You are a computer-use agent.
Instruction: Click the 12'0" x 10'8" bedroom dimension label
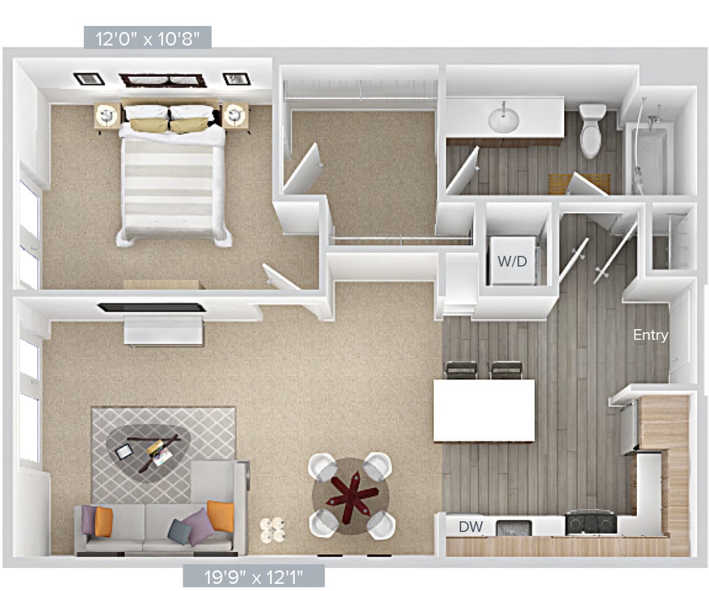click(x=147, y=37)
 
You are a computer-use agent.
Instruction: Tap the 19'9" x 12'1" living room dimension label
click(x=253, y=576)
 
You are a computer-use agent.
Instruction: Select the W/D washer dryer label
click(x=512, y=262)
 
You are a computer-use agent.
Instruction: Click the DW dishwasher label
click(x=470, y=526)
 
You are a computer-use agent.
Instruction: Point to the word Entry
click(x=650, y=335)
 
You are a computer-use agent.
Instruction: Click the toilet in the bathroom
click(x=592, y=130)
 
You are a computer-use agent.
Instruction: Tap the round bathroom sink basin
click(x=503, y=119)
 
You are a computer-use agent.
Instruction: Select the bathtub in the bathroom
click(x=650, y=158)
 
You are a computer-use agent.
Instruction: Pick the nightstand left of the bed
click(x=106, y=117)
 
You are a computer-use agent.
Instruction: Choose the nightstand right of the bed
click(x=235, y=117)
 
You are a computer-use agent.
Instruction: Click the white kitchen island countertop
click(x=484, y=410)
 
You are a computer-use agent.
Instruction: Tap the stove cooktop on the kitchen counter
click(x=591, y=521)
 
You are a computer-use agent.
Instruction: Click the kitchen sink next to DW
click(x=514, y=527)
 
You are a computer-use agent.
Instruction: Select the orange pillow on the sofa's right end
click(x=220, y=517)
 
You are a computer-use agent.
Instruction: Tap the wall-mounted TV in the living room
click(x=151, y=307)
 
